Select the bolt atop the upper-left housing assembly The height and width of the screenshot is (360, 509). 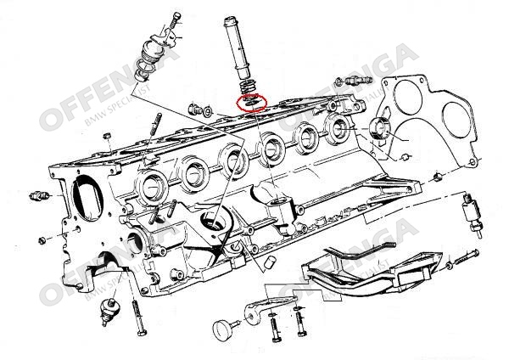[175, 21]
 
